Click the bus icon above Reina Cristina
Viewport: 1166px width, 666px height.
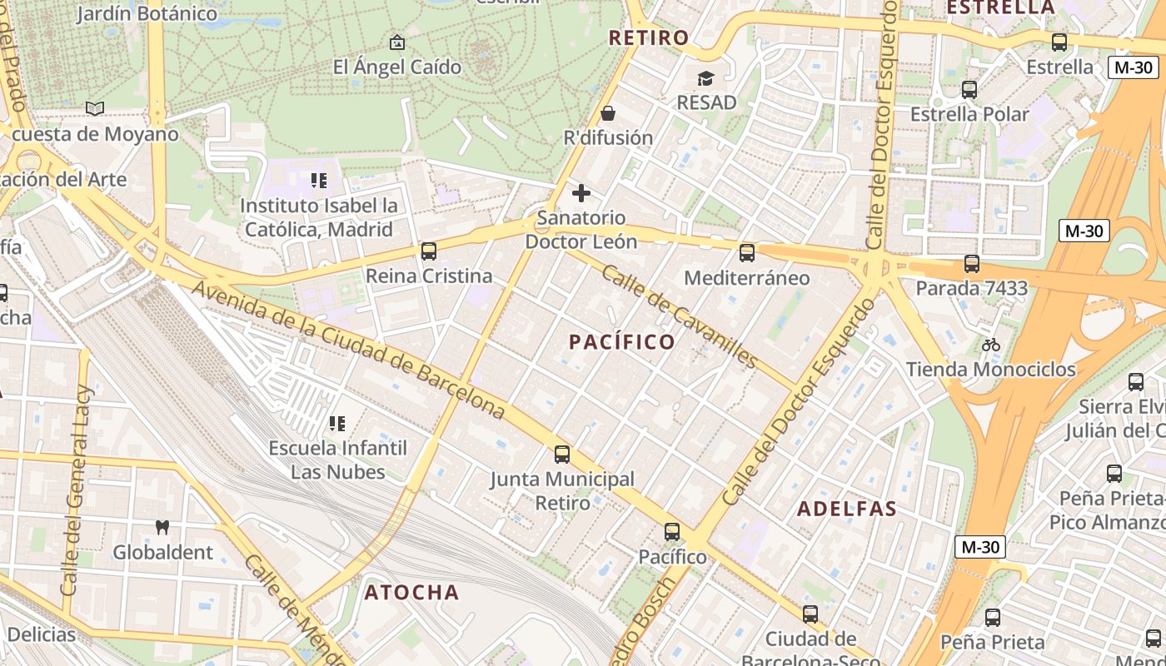(429, 251)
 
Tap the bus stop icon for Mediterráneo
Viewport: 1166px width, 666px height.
(747, 252)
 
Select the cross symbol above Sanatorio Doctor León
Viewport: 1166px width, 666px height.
(581, 194)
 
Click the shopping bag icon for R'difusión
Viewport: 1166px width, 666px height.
(608, 113)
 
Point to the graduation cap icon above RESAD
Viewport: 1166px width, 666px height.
(706, 78)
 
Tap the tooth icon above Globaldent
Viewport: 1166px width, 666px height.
(162, 527)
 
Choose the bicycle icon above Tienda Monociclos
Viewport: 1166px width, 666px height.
(990, 345)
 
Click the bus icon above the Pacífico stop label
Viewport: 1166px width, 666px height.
(672, 531)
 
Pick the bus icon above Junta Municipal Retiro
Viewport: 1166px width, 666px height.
(562, 454)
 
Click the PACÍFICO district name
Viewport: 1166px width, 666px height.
(622, 341)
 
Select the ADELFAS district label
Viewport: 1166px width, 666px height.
(847, 509)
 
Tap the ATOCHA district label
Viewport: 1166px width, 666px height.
(411, 592)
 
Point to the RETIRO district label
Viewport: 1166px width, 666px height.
(649, 37)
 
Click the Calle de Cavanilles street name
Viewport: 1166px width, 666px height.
(679, 316)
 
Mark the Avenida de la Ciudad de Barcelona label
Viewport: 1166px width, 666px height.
(350, 349)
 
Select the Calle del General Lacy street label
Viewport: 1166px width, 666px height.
(76, 491)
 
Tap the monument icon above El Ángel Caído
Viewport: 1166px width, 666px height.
(397, 42)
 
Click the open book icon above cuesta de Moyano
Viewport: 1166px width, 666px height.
(95, 108)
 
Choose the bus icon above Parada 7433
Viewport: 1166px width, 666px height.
(971, 264)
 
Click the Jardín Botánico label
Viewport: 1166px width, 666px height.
(147, 13)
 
